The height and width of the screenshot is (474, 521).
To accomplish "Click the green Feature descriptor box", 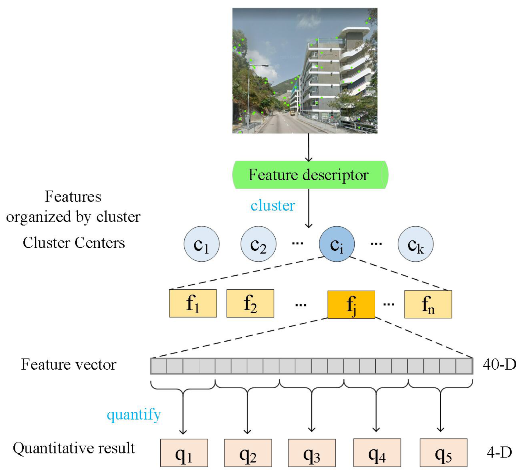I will [310, 175].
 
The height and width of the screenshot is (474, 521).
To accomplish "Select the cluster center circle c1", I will [201, 244].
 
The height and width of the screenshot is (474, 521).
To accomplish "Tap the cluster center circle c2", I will [258, 244].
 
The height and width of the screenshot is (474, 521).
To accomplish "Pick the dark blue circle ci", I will [337, 244].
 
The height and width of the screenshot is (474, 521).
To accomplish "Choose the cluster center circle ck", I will [415, 244].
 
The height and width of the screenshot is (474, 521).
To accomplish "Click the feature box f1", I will [193, 303].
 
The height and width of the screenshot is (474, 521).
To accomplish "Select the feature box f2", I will [250, 303].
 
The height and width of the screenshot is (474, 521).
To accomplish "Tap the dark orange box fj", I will [351, 304].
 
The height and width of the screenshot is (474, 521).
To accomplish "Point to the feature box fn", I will [428, 304].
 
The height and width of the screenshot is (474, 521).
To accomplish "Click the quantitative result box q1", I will [184, 453].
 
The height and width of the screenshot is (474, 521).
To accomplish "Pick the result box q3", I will [312, 453].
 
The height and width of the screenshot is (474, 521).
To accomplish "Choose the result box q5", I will [443, 453].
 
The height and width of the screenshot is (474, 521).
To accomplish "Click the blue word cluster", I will [272, 206].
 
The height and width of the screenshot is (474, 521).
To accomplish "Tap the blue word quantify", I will [134, 415].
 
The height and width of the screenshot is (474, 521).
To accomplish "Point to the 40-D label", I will [499, 364].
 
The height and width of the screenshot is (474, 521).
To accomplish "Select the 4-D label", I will [499, 452].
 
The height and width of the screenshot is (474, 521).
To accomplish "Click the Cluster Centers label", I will [74, 243].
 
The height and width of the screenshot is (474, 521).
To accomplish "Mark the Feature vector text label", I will [69, 364].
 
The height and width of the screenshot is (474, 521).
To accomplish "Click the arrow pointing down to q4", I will [376, 411].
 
